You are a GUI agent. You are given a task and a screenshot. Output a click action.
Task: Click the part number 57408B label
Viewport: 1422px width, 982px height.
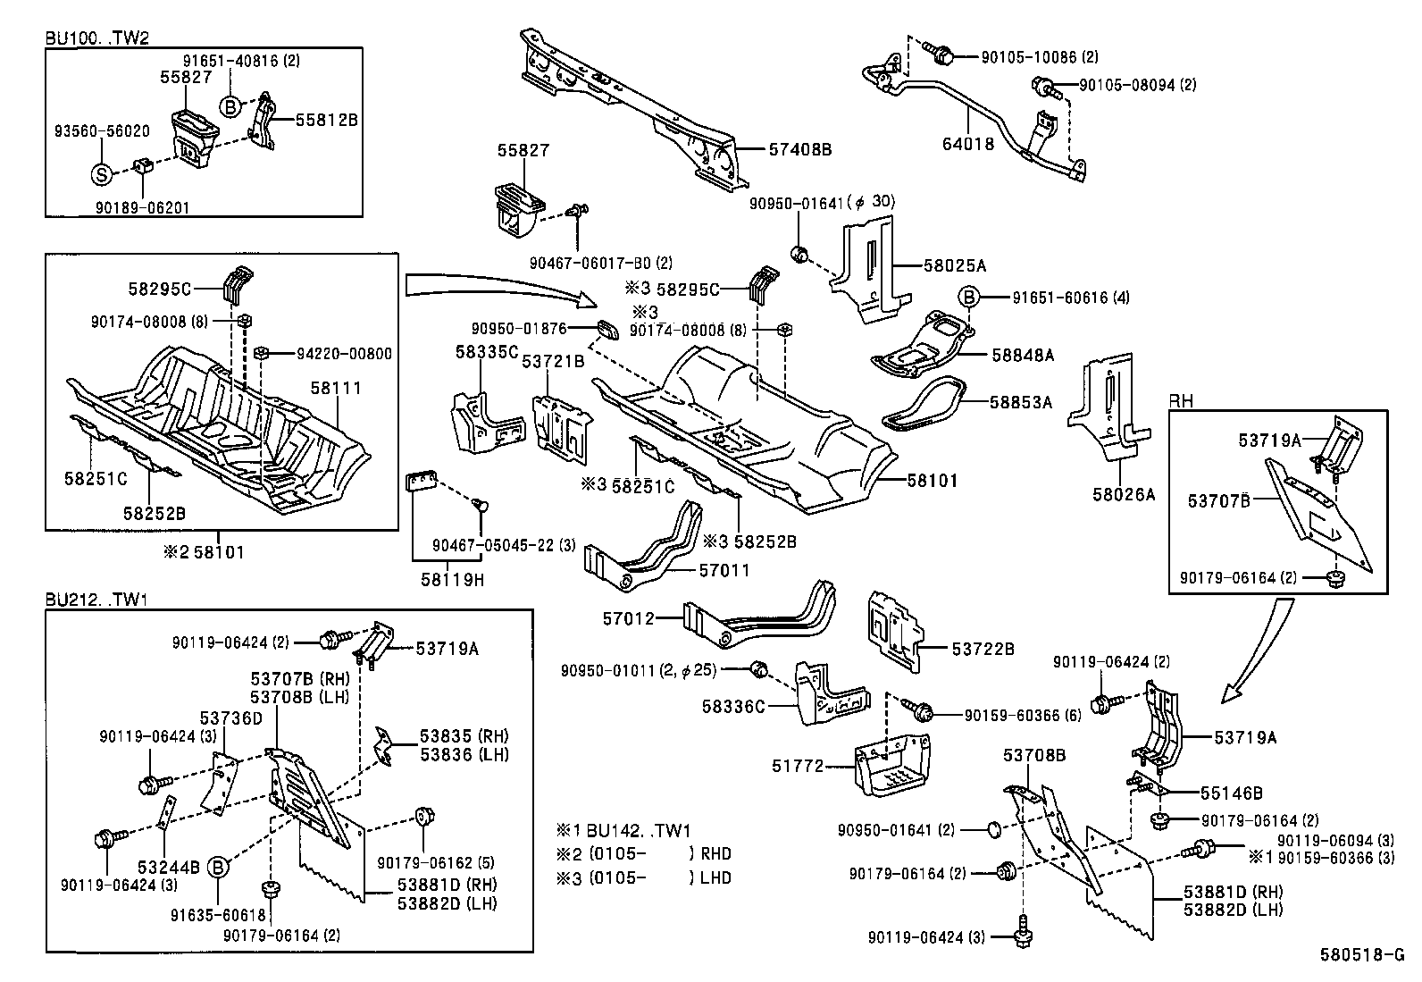pyautogui.click(x=799, y=150)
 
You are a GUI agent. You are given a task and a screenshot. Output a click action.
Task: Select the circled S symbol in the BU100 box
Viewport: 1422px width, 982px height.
pyautogui.click(x=102, y=174)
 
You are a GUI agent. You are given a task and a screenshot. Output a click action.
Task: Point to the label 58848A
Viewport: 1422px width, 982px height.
pyautogui.click(x=1022, y=355)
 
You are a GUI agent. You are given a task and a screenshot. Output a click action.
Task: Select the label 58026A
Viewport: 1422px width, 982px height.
pyautogui.click(x=1123, y=494)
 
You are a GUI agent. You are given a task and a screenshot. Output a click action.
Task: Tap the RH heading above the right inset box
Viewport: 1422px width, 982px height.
pyautogui.click(x=1181, y=401)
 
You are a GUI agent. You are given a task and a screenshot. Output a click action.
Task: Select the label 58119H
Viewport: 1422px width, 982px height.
pyautogui.click(x=452, y=580)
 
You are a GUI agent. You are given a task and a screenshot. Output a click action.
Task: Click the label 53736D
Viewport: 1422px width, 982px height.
pyautogui.click(x=230, y=718)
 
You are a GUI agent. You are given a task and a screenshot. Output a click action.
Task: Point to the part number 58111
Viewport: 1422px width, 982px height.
pyautogui.click(x=336, y=387)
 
